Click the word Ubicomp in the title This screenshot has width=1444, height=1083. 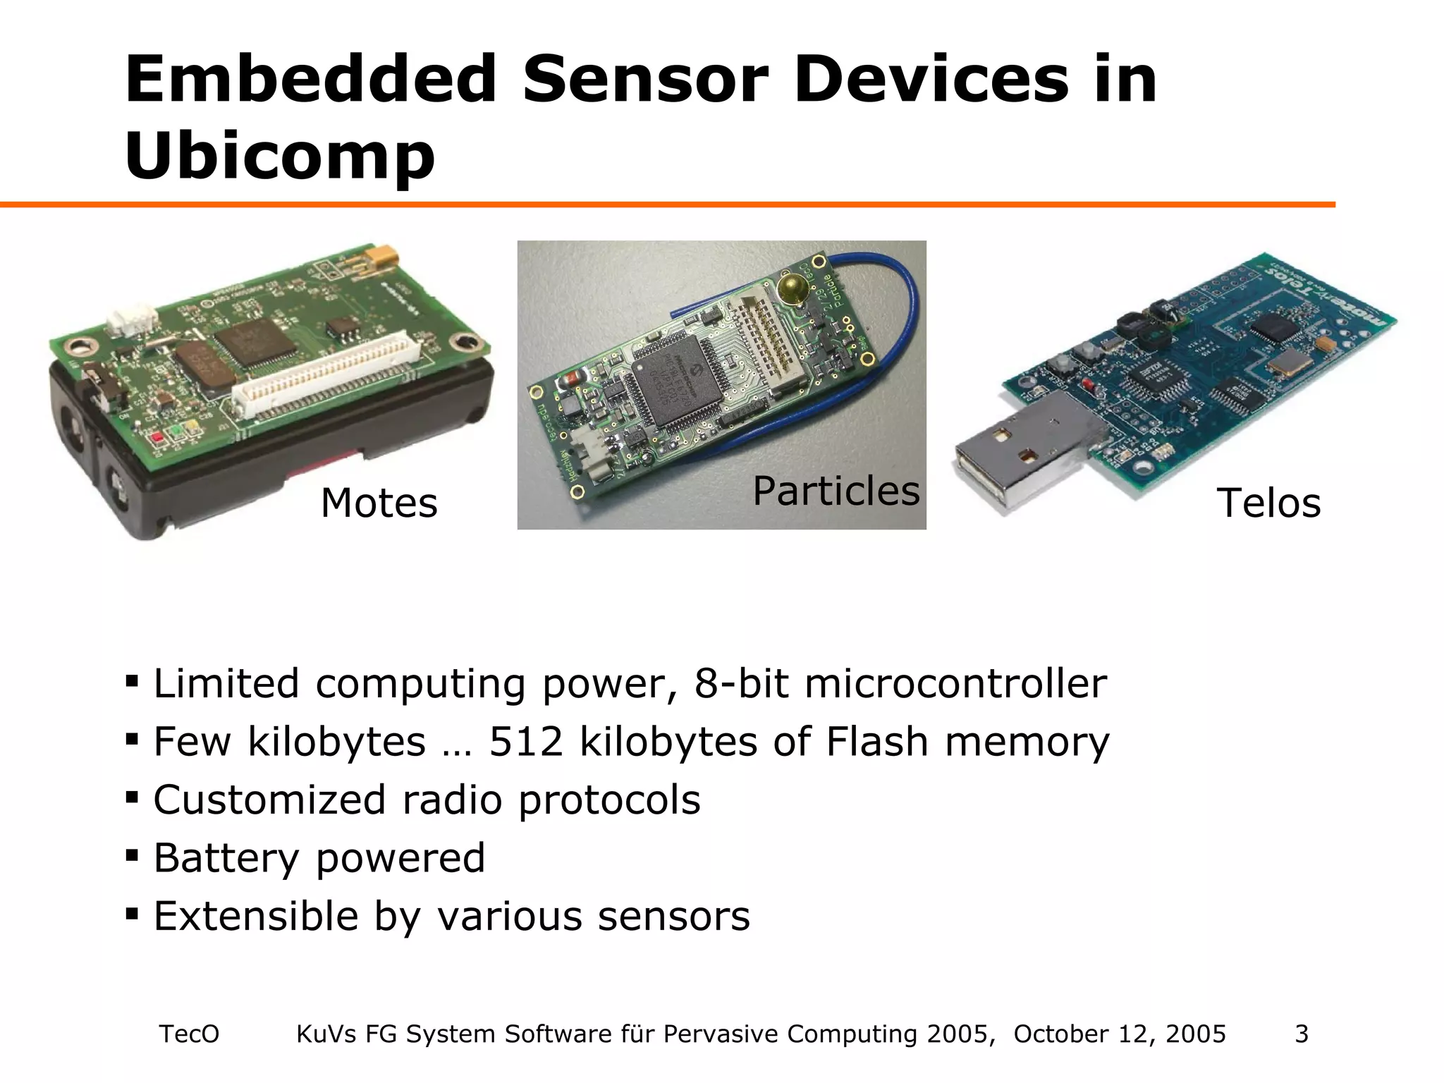[x=280, y=157]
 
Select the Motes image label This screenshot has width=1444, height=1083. [x=379, y=503]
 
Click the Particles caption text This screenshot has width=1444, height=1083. [x=836, y=491]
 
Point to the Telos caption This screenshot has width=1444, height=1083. [x=1268, y=503]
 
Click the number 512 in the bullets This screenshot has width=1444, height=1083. [x=526, y=742]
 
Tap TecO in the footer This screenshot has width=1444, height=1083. [x=189, y=1034]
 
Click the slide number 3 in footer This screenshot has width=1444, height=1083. [x=1302, y=1034]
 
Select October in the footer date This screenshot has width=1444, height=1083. [x=1062, y=1034]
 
